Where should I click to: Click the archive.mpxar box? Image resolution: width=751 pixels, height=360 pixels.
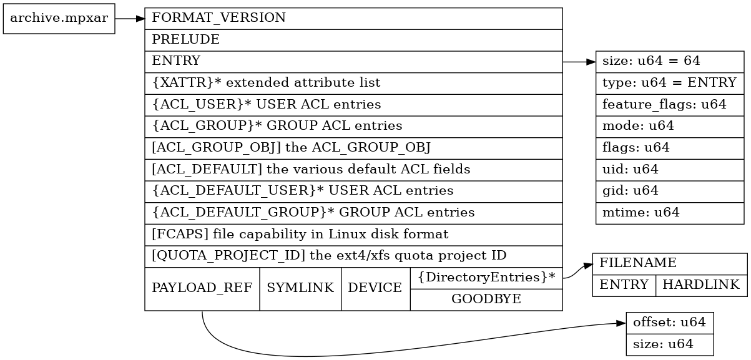click(x=59, y=17)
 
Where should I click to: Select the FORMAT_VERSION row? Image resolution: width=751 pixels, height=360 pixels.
click(x=353, y=18)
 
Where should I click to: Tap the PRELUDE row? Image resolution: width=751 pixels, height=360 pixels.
click(x=353, y=39)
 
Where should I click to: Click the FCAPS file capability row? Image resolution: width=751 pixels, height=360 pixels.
click(x=353, y=234)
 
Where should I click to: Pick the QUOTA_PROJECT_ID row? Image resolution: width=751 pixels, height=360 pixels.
click(x=353, y=256)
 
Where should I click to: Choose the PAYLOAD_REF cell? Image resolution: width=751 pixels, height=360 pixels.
click(x=202, y=288)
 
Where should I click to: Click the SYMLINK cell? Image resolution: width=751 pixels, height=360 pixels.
click(x=300, y=288)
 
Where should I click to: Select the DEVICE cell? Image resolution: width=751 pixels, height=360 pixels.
click(x=375, y=288)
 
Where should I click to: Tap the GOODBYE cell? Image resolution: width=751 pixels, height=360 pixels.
click(x=486, y=299)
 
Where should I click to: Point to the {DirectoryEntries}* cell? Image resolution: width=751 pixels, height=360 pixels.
click(x=486, y=277)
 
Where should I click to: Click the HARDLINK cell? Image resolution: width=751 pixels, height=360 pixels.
click(x=700, y=285)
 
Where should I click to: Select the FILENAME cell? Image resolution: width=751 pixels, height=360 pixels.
click(x=669, y=263)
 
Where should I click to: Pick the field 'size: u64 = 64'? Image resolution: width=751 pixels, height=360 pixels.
click(x=670, y=61)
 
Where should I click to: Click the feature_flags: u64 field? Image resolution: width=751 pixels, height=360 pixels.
click(x=670, y=104)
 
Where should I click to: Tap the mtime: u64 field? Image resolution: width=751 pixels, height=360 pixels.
click(x=670, y=212)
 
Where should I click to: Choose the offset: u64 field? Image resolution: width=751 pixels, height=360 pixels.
click(x=669, y=323)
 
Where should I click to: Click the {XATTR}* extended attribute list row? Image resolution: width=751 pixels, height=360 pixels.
click(x=353, y=82)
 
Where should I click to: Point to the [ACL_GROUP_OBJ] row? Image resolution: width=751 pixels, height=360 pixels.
click(x=353, y=148)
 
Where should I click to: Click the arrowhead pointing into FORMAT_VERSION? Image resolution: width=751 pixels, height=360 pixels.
click(x=140, y=18)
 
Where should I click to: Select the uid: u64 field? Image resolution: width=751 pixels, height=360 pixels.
click(x=670, y=169)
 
